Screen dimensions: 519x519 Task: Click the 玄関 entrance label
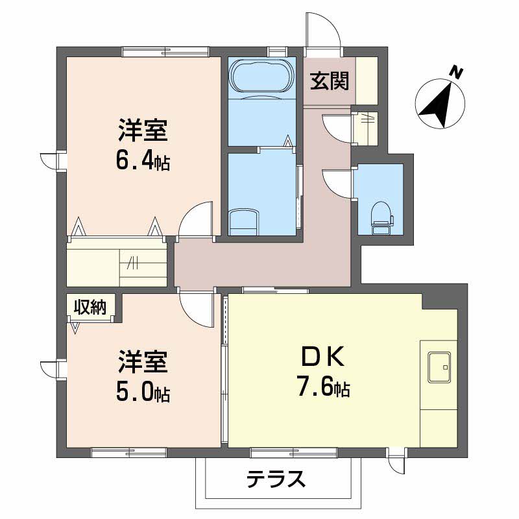330,81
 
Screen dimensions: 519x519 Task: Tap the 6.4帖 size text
143,161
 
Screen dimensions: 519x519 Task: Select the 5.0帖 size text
143,391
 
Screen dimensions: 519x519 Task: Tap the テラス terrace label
276,480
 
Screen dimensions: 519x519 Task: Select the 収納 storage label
90,308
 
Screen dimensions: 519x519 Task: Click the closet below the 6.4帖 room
117,261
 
